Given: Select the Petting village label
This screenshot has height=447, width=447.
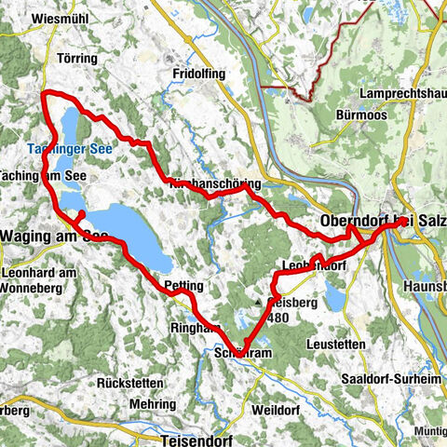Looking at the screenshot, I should click(x=183, y=285).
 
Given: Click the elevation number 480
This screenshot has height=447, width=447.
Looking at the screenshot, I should click(x=278, y=318).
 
